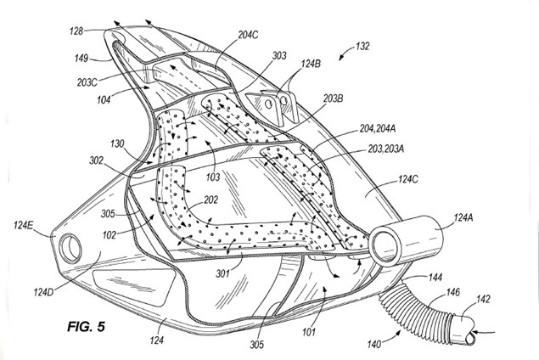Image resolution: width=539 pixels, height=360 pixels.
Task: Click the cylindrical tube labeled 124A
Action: click(x=407, y=238)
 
